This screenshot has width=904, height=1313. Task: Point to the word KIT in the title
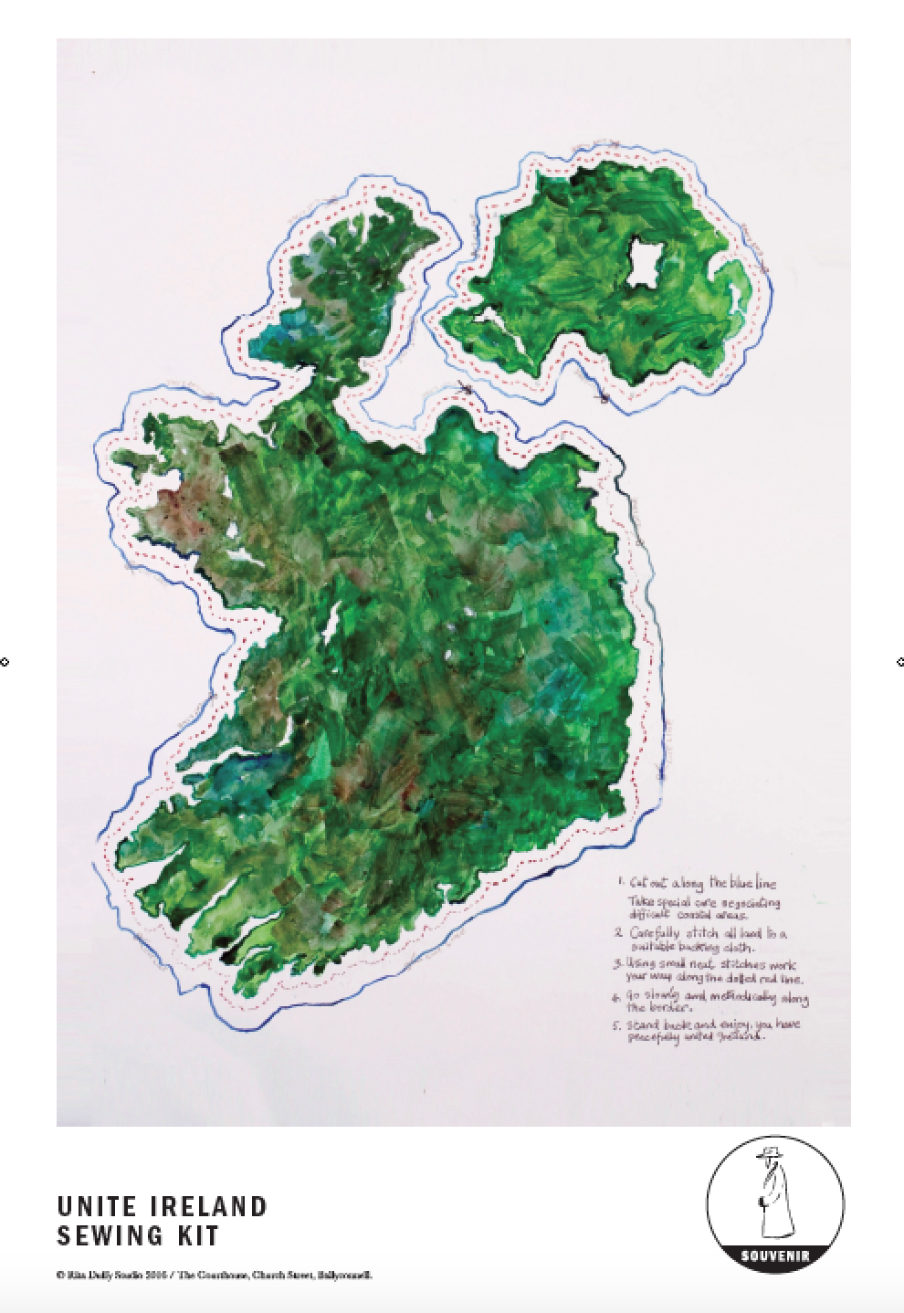[198, 1236]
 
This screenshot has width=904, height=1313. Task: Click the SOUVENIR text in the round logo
[774, 1255]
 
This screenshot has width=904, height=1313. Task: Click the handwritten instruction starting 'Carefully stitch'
[699, 940]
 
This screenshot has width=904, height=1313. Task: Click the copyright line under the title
[215, 1276]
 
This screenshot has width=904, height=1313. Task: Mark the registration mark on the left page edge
[5, 662]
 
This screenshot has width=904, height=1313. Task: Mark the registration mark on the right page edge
[899, 662]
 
